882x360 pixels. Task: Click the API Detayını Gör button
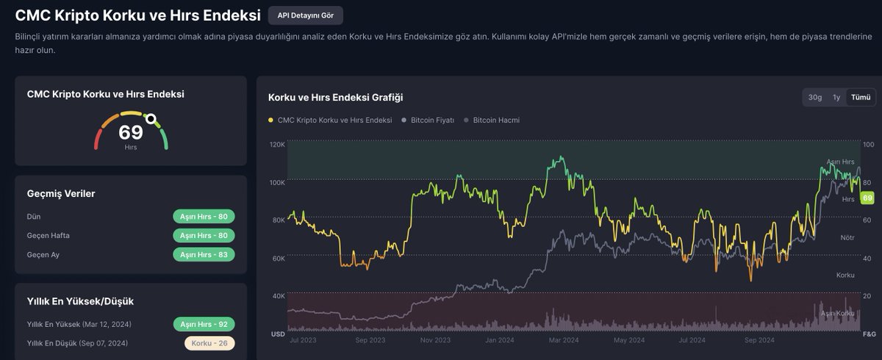tap(305, 15)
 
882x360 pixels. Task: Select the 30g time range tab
tap(814, 97)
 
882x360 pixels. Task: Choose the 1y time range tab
tap(836, 97)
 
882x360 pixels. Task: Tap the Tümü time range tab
tap(860, 97)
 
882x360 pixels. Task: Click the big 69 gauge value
tap(131, 132)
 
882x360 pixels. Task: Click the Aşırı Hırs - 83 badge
tap(204, 254)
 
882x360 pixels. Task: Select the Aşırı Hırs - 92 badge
tap(204, 324)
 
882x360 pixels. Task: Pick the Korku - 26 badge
tap(209, 343)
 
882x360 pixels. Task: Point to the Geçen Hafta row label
tap(48, 235)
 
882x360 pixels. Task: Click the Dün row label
tap(34, 217)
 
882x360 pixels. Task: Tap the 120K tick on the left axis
tap(277, 145)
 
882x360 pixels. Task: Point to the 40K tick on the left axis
tap(278, 296)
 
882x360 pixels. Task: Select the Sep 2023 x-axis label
tap(370, 340)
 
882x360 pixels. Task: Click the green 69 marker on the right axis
tap(867, 198)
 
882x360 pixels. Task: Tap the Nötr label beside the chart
tap(847, 238)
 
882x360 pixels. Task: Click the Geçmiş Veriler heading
tap(61, 193)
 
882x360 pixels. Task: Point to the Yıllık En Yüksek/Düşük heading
tap(80, 301)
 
